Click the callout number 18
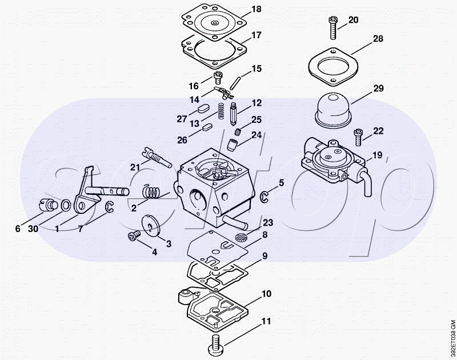256,9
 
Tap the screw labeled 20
332,27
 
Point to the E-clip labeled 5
264,197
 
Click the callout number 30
33,229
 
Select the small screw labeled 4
134,235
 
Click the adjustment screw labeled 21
157,157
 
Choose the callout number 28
378,38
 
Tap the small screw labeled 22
358,137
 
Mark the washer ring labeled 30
66,206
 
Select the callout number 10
266,294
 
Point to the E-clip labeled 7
109,207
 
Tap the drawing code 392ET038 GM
452,338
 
